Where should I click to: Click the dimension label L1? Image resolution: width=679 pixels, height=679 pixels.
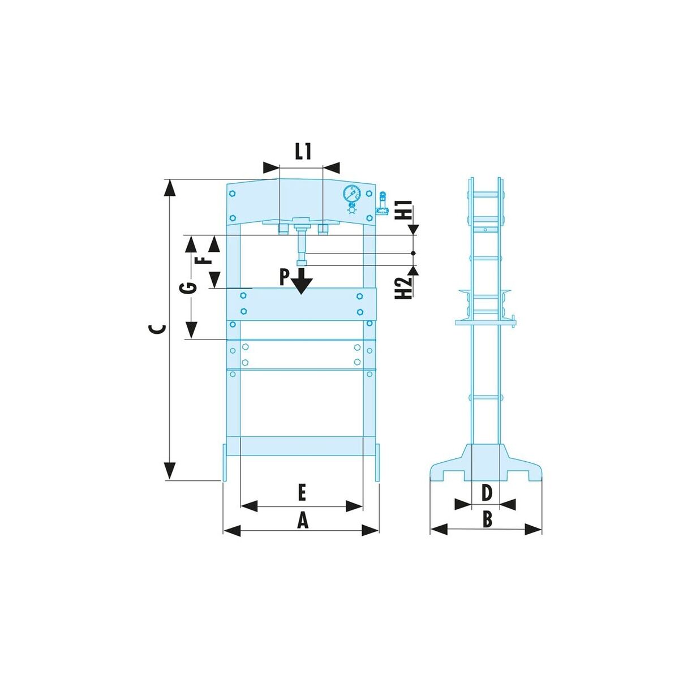click(303, 152)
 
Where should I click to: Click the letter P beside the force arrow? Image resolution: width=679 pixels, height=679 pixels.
click(284, 277)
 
